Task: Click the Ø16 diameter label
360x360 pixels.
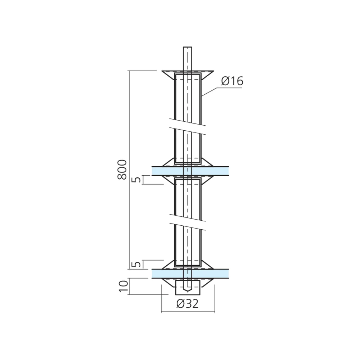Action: tap(232, 81)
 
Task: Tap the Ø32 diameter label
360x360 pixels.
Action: tap(187, 304)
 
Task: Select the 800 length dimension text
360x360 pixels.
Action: tap(122, 170)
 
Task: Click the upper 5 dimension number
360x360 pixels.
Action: tap(137, 179)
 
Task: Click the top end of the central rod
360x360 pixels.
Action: tap(188, 47)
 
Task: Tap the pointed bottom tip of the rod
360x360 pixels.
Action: tap(188, 292)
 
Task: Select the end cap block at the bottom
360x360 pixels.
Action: tap(188, 287)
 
